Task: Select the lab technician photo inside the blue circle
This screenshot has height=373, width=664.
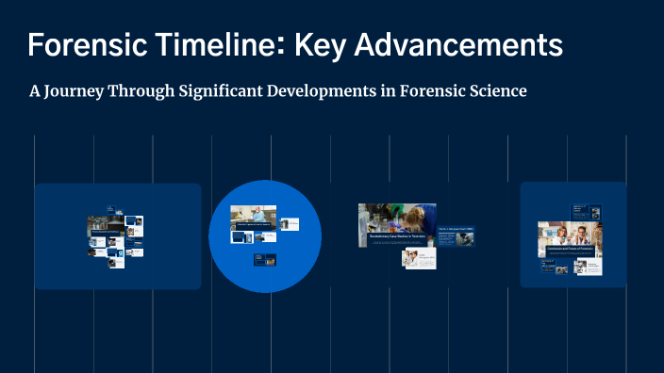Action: (x=254, y=218)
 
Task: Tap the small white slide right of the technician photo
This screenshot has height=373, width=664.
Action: (x=289, y=224)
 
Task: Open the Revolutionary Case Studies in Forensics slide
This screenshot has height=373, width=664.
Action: (x=395, y=225)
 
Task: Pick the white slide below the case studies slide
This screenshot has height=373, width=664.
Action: (x=418, y=258)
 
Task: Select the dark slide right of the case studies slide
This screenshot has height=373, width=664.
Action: (x=456, y=235)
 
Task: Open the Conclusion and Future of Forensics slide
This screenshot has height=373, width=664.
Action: (x=569, y=239)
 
